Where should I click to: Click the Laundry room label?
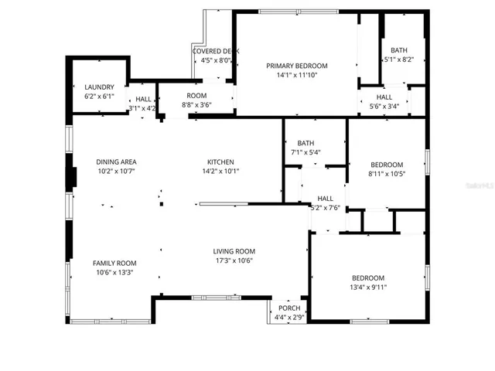(99, 87)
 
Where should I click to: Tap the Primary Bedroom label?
(297, 66)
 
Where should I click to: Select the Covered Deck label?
(215, 51)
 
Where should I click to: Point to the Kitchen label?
(220, 162)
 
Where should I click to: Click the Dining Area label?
(116, 162)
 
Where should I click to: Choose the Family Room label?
(114, 263)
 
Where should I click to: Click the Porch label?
(289, 308)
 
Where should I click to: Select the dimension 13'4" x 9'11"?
(368, 288)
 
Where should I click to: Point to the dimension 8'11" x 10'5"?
(387, 174)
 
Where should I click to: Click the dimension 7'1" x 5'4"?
(306, 152)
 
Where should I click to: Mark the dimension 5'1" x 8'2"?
(399, 59)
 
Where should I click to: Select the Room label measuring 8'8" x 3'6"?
(196, 95)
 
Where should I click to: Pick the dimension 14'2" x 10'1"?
(220, 171)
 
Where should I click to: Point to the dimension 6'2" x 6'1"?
(99, 97)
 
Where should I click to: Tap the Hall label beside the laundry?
(143, 100)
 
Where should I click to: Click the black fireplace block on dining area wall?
(73, 176)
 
